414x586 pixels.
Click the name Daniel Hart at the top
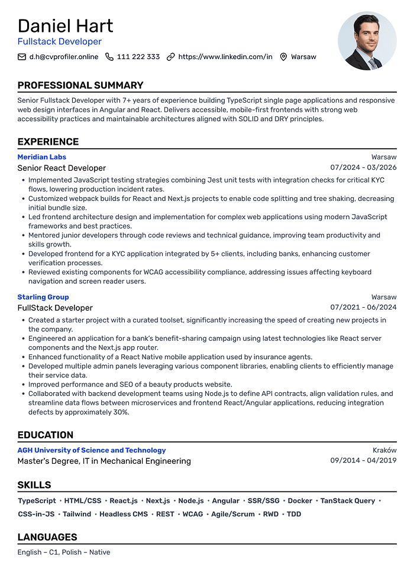(x=65, y=26)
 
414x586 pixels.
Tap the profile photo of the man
(x=367, y=41)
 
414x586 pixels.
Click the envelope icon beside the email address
(x=22, y=57)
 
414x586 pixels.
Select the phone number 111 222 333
(x=138, y=57)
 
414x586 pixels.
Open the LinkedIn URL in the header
(x=225, y=57)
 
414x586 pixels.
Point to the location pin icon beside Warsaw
(x=283, y=57)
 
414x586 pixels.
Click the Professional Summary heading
(x=80, y=85)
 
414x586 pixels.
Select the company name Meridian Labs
(x=41, y=157)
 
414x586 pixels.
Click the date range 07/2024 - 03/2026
(x=363, y=168)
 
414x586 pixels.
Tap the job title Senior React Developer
(x=62, y=168)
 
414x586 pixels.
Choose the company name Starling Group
(x=43, y=297)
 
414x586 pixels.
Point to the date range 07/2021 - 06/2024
(x=363, y=308)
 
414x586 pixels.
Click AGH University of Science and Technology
(x=92, y=450)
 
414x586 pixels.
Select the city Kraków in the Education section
(x=384, y=450)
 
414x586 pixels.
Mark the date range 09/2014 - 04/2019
(x=363, y=461)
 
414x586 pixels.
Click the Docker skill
(x=300, y=501)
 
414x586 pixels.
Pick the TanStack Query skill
(x=348, y=501)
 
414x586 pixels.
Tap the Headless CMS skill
(x=124, y=515)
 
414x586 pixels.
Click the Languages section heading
(x=47, y=537)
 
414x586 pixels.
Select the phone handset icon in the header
(x=109, y=57)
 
